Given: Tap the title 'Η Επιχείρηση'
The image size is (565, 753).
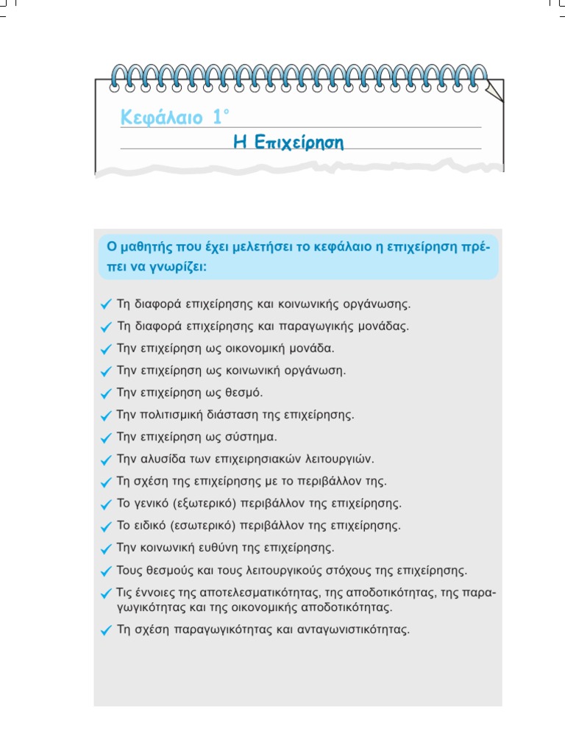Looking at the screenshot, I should (288, 142).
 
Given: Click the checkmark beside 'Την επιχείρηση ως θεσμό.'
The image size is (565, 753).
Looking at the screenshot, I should (107, 393).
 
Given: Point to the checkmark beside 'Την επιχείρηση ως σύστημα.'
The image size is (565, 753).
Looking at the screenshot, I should (107, 438).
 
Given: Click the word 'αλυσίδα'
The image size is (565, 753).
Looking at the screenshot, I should (161, 460).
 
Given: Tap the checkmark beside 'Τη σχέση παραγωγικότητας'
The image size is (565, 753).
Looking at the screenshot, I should (107, 630).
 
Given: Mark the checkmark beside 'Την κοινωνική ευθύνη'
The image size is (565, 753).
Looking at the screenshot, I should (107, 549).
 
